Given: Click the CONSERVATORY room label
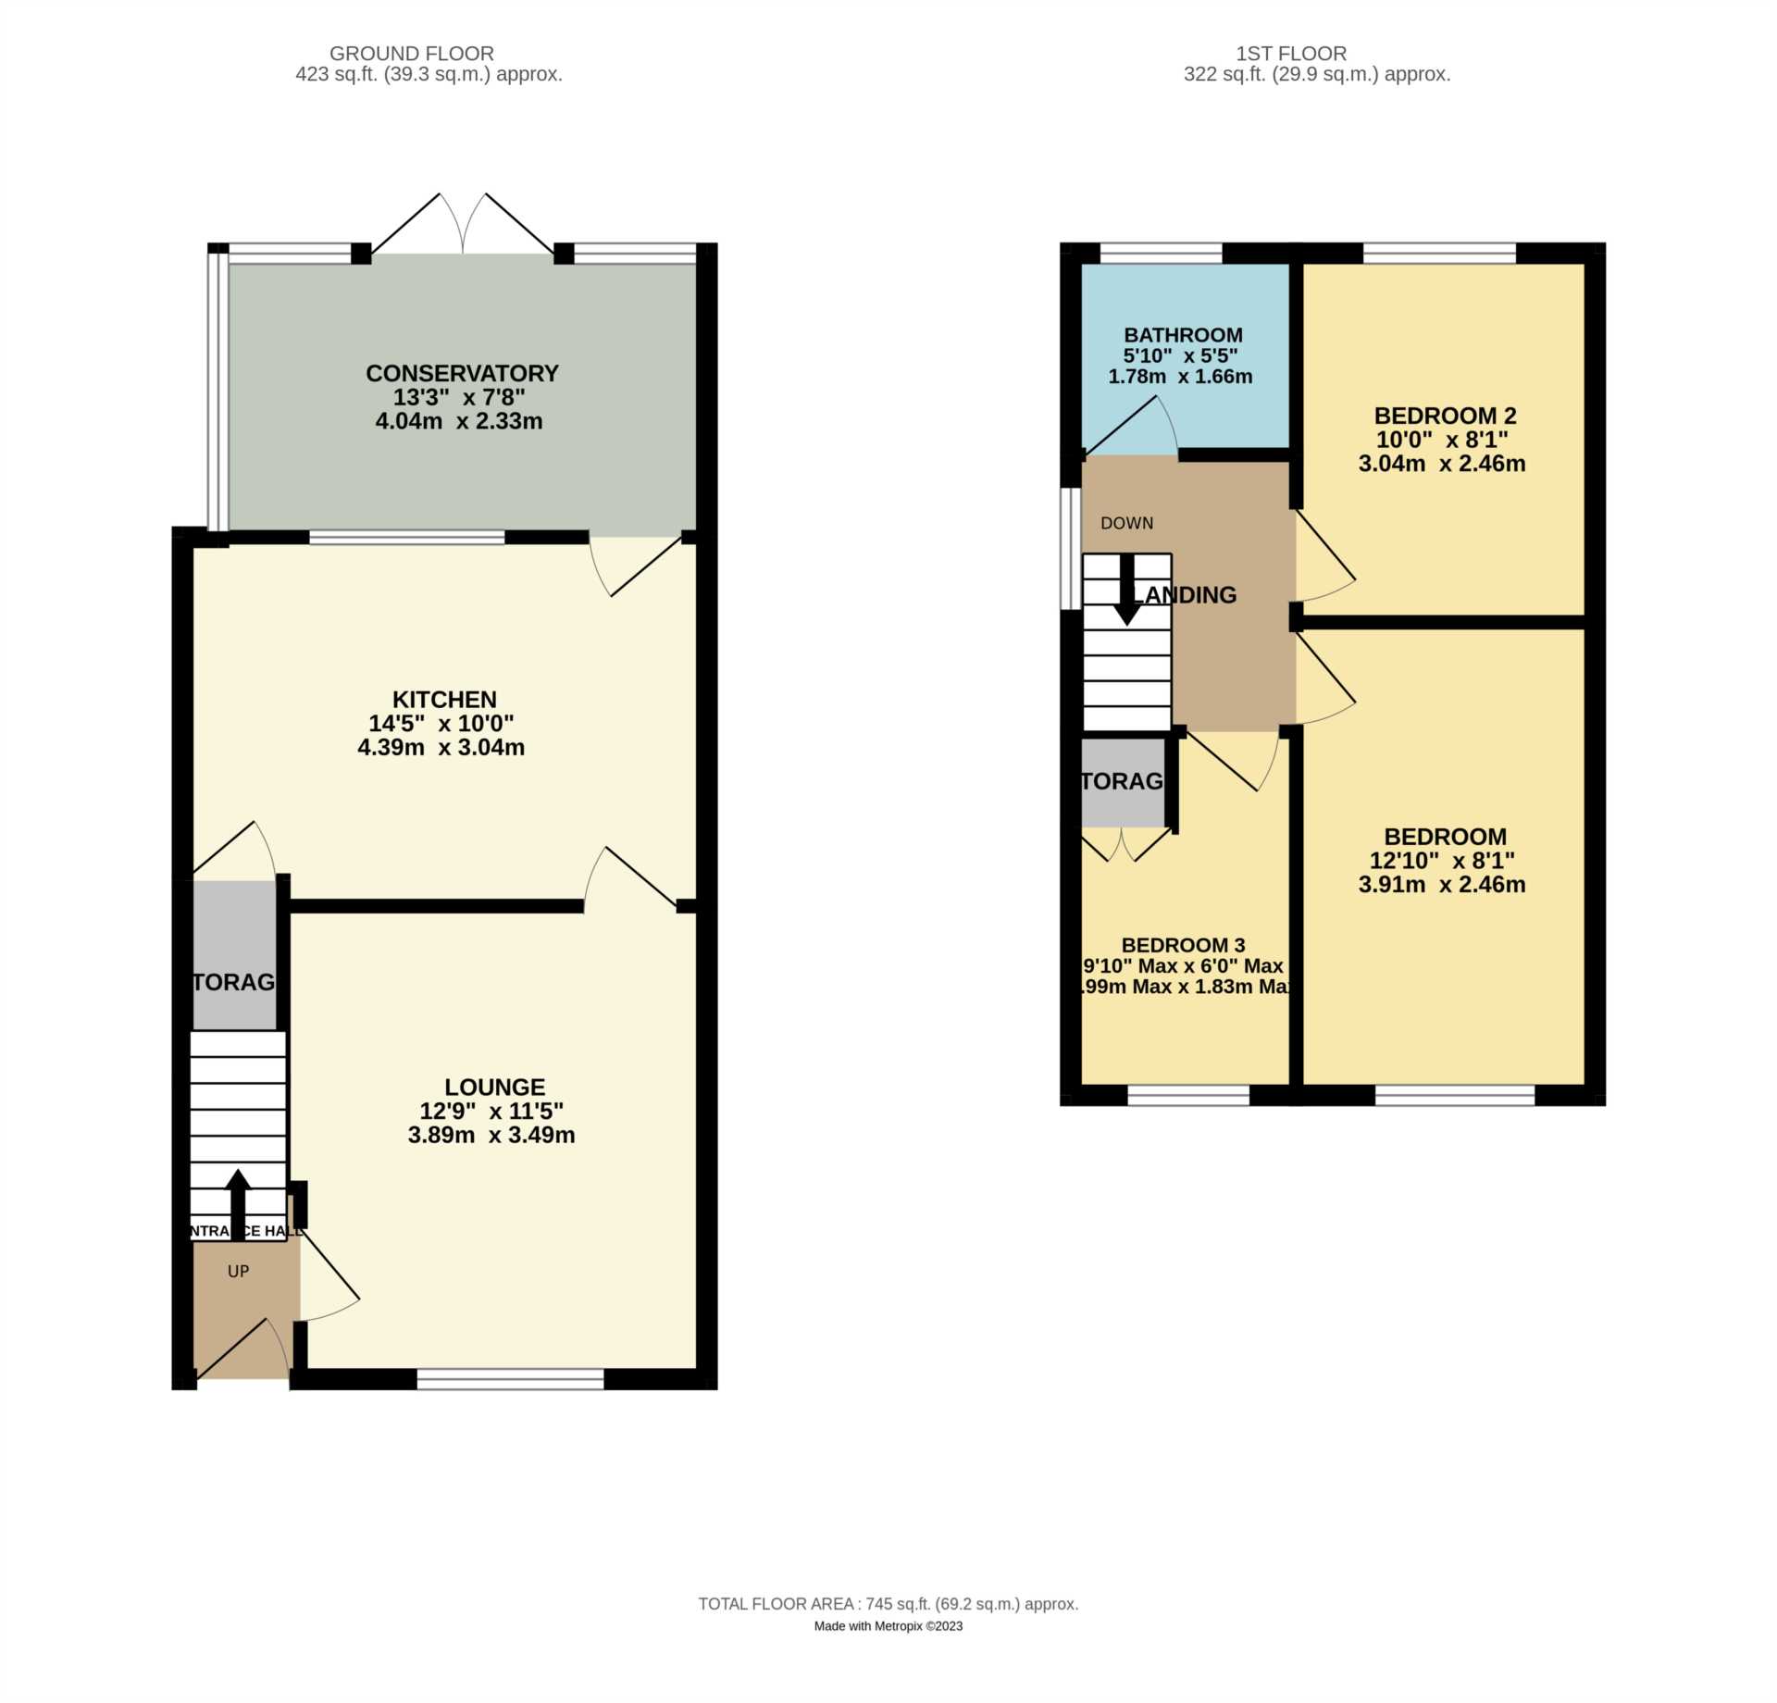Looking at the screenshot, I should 462,373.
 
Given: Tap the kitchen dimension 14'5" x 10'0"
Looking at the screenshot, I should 441,723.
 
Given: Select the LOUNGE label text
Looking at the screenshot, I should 494,1087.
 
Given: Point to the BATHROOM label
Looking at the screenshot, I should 1183,335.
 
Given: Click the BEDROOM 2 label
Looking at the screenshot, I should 1445,416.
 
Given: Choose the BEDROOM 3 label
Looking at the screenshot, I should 1183,945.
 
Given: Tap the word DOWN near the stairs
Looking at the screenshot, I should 1126,523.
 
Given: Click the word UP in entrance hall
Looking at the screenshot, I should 238,1272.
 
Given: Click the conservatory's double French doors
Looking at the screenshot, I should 463,227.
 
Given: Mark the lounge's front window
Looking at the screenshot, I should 510,1380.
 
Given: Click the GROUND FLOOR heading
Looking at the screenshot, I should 412,54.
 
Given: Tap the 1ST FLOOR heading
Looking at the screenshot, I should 1291,54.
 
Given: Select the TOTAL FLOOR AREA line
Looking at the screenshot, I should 888,1604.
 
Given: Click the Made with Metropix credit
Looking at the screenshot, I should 888,1626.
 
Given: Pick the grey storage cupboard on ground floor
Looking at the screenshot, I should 234,955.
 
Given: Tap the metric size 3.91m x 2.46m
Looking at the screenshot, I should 1441,884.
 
